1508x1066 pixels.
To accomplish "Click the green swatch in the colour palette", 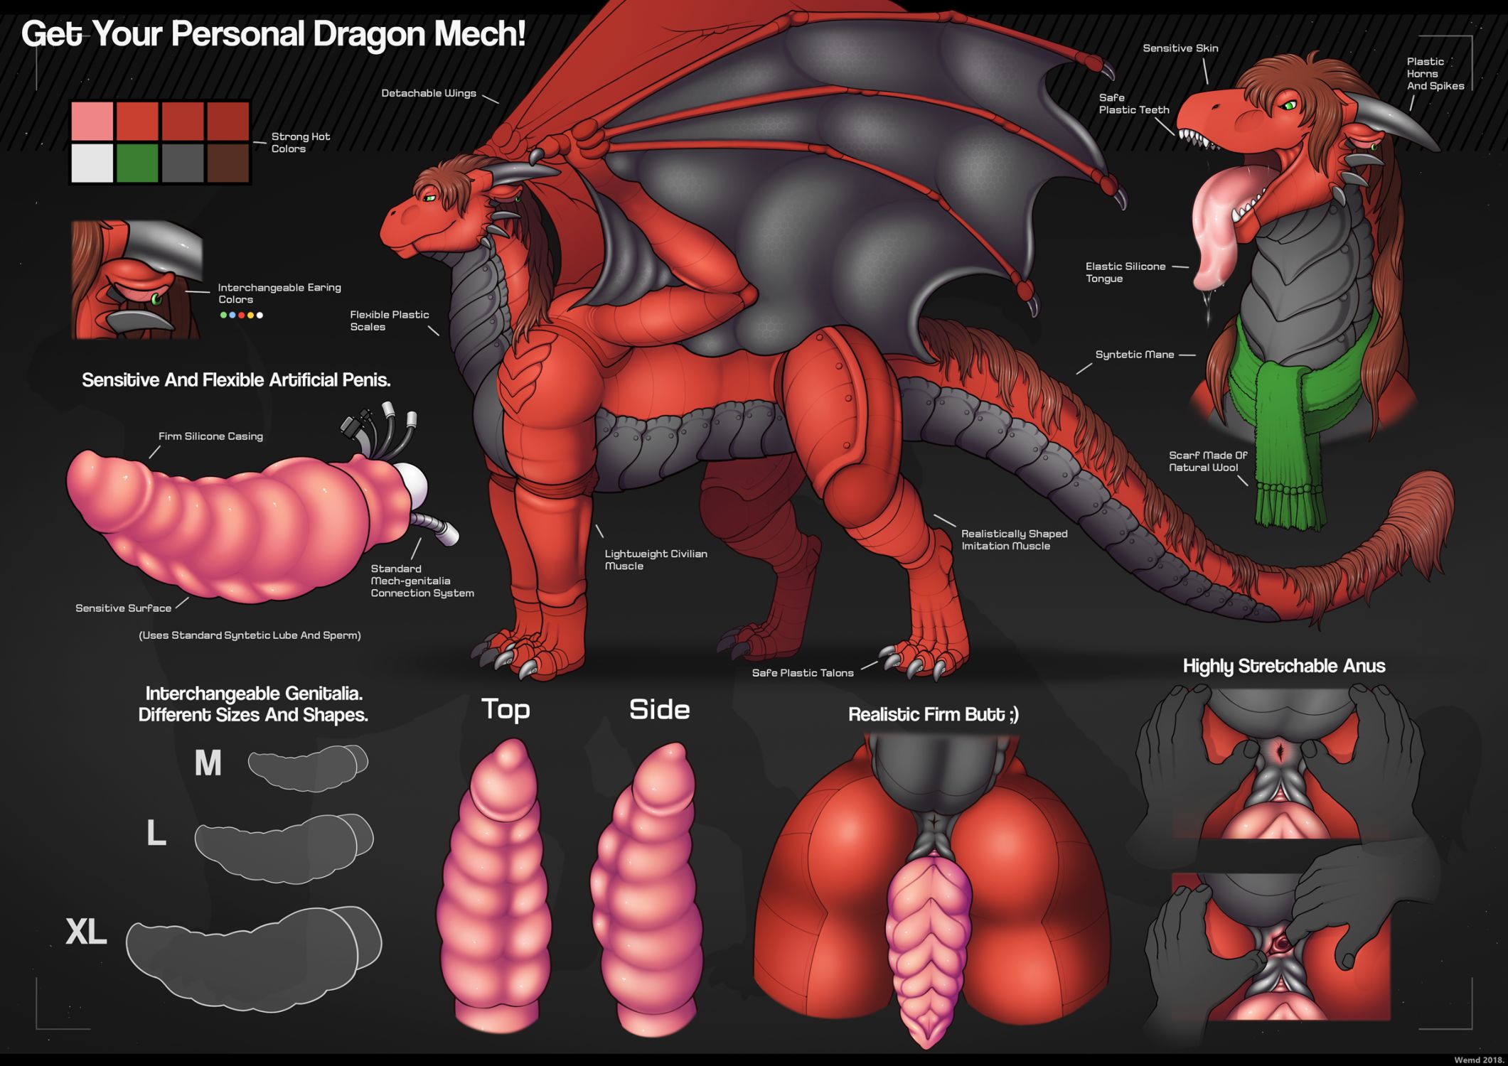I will [x=137, y=163].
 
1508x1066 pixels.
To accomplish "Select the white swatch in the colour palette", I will [x=92, y=163].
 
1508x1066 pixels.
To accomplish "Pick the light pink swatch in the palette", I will [x=92, y=121].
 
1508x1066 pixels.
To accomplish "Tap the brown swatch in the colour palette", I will [x=228, y=163].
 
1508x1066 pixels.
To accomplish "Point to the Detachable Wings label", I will [x=428, y=93].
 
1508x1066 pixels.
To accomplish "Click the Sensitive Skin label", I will [x=1180, y=48].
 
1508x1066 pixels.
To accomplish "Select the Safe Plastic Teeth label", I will [x=1133, y=104].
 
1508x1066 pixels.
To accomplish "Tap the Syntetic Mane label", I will [x=1134, y=355].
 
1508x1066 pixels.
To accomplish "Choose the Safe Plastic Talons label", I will [x=803, y=673].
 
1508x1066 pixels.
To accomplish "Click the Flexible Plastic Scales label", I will [x=389, y=321].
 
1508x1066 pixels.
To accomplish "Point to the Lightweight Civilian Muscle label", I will [x=655, y=560].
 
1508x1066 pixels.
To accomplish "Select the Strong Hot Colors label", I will [x=300, y=143].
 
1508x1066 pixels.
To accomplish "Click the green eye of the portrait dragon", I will [x=1288, y=106].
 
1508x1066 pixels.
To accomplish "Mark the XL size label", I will [x=86, y=931].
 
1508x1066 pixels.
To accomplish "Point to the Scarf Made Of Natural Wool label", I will [x=1207, y=461].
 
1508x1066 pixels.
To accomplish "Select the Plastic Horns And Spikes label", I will [x=1435, y=74].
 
